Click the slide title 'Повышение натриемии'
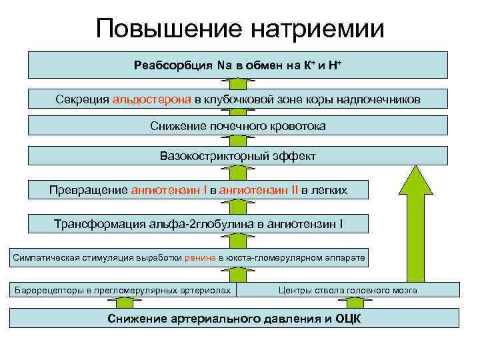240,29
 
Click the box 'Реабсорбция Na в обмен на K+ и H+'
238,65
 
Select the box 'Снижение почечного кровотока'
238,125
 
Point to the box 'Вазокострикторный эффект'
238,156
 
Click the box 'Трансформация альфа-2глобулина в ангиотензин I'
199,223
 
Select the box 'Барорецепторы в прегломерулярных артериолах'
123,290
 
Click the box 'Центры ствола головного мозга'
347,290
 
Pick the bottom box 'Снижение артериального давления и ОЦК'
234,318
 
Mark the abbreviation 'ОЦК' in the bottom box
347,318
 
